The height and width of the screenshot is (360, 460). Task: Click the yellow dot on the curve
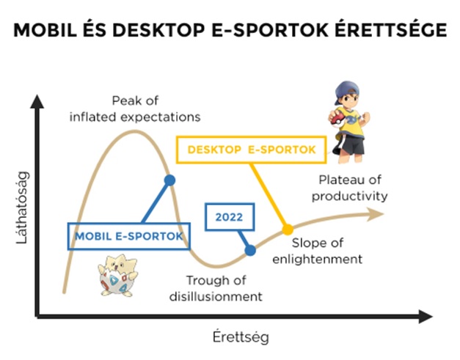click(288, 229)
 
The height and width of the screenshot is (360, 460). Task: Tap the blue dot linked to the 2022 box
click(250, 250)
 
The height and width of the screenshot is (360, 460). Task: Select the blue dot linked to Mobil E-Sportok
click(169, 180)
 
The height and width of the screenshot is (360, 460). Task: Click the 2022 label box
click(230, 217)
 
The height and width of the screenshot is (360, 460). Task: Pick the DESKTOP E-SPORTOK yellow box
click(252, 150)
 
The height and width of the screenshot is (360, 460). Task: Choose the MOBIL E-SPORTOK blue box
click(129, 236)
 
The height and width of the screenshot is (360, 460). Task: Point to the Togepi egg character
click(118, 275)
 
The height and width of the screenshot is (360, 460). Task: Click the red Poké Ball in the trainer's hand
click(335, 118)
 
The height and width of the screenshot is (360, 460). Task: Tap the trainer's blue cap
click(346, 91)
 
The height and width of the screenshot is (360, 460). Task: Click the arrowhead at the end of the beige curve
click(376, 214)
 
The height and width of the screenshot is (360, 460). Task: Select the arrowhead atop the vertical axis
click(37, 101)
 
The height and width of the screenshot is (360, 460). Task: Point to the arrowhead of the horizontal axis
click(426, 316)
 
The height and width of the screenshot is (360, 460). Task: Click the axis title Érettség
click(241, 337)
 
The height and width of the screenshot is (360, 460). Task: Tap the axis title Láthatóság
click(23, 207)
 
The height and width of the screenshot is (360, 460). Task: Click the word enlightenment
click(318, 259)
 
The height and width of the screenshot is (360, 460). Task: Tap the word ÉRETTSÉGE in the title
click(391, 29)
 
